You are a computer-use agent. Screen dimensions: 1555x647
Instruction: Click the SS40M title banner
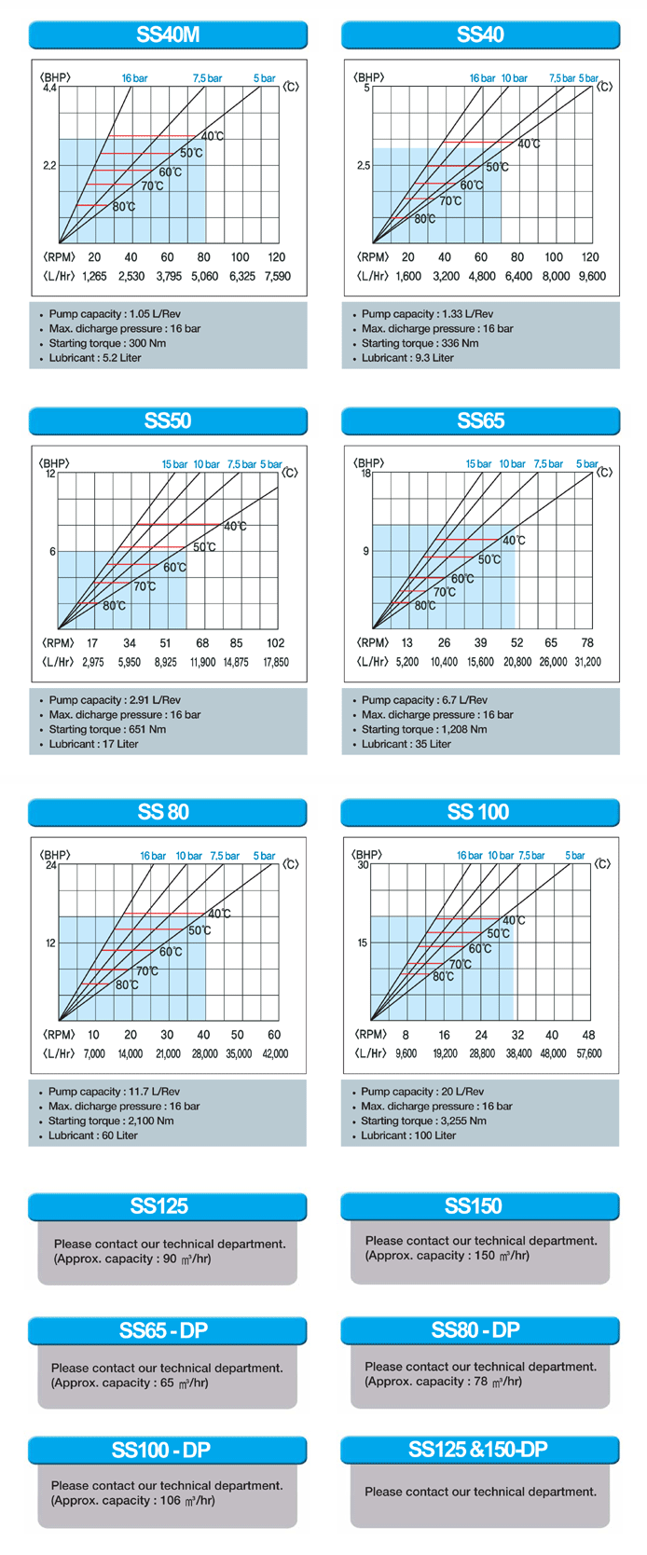point(168,35)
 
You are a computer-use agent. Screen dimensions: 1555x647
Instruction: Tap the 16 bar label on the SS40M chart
point(134,78)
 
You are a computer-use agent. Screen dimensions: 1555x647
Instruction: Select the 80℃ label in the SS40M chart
point(124,206)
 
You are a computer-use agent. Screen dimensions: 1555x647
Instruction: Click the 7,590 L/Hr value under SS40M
point(277,276)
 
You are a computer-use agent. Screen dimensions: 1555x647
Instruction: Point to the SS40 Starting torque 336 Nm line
point(420,343)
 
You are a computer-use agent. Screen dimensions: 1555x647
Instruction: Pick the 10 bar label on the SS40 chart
point(514,78)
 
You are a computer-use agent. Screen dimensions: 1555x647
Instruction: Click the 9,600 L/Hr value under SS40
point(592,276)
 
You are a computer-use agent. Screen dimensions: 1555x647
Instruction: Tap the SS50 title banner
point(168,421)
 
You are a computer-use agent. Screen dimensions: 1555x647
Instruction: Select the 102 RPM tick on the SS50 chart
point(275,642)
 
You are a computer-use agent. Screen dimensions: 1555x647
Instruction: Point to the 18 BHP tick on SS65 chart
point(366,474)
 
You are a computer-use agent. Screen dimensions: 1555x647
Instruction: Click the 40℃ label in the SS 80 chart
point(219,914)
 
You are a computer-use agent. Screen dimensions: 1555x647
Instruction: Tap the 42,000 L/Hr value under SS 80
point(275,1053)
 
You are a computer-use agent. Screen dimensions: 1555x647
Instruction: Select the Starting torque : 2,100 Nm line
point(111,1121)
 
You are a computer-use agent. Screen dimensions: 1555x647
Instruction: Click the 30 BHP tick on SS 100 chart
point(364,864)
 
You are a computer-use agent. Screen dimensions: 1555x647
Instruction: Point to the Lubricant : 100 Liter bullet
point(408,1135)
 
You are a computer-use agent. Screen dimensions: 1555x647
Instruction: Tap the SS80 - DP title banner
point(479,1330)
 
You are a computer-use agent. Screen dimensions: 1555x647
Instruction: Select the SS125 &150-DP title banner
point(479,1450)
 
